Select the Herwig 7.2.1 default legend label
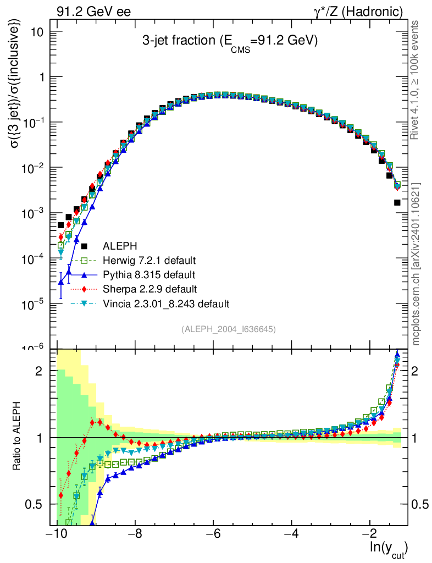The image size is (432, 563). (149, 260)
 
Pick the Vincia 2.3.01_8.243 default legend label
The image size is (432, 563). (165, 303)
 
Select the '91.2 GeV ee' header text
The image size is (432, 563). (93, 12)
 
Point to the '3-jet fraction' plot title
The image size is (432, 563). (230, 42)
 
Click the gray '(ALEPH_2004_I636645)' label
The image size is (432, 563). (228, 329)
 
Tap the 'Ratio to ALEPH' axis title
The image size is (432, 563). (18, 437)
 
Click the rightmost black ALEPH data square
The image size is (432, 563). (397, 202)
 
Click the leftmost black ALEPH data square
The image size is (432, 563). (61, 225)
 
